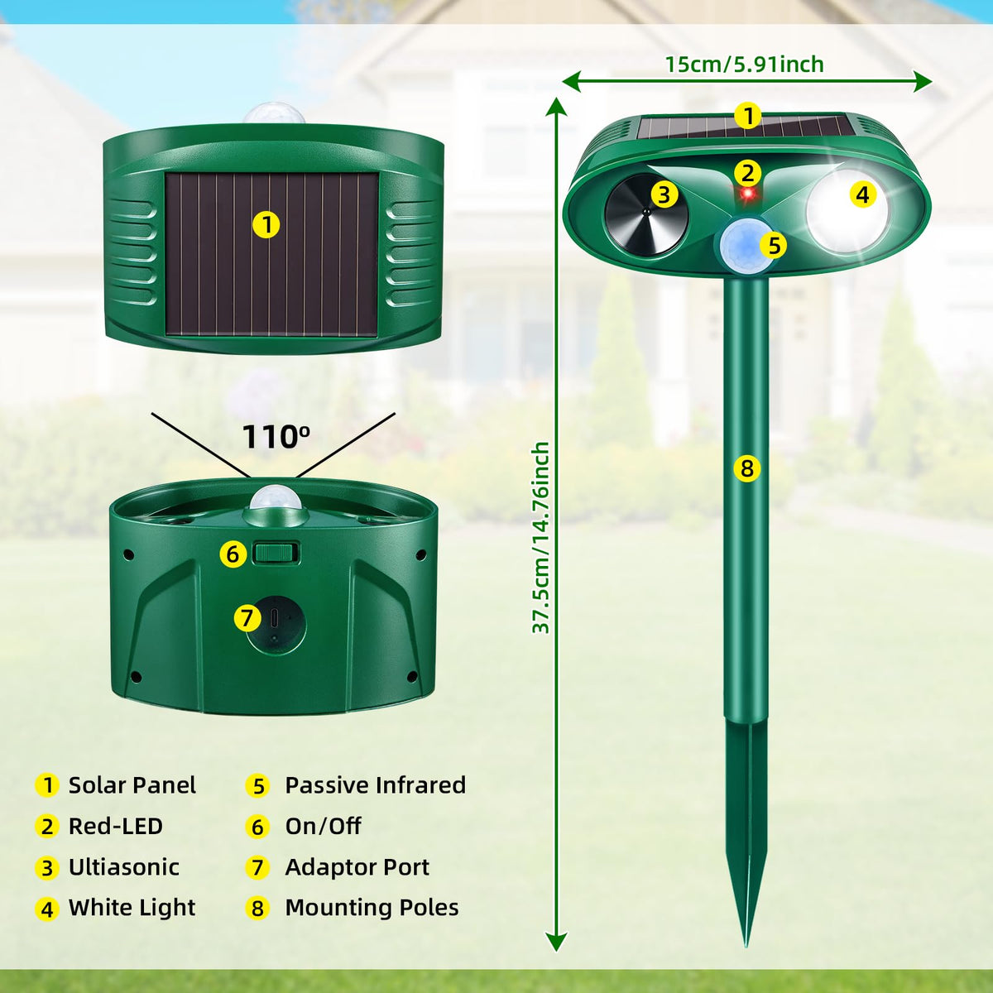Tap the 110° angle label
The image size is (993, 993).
[x=276, y=437]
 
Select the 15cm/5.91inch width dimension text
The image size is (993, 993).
[x=745, y=65]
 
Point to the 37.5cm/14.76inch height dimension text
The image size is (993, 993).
[x=541, y=538]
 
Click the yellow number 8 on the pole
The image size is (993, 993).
[x=746, y=468]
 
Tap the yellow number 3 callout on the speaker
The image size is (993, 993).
[x=664, y=194]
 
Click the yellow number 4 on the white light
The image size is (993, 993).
[x=862, y=194]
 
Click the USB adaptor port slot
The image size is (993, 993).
[x=274, y=617]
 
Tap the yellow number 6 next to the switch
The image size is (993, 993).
[x=233, y=554]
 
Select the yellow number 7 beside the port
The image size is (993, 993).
[x=247, y=618]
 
